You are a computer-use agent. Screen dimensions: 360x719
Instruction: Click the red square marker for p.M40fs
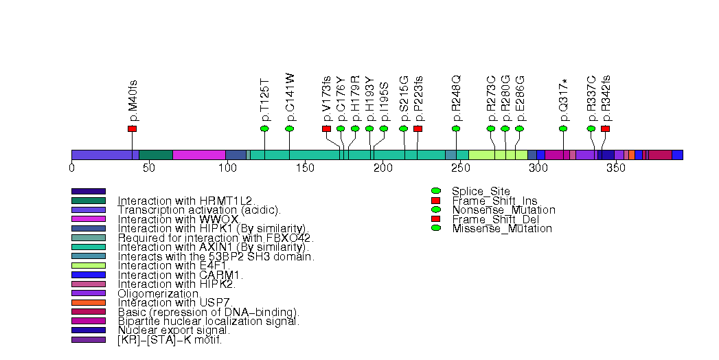(132, 129)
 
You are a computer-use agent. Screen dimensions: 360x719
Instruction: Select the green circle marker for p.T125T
(264, 129)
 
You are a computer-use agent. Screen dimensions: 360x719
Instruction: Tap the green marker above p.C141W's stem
(289, 129)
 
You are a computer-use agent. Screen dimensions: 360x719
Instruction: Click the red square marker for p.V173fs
(326, 129)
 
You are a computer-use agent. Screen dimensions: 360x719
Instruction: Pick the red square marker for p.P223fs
(418, 129)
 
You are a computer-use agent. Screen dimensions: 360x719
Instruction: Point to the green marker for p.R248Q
(456, 129)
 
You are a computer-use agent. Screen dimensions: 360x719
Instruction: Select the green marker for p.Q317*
(563, 129)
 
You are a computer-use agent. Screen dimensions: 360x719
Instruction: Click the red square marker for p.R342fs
(605, 129)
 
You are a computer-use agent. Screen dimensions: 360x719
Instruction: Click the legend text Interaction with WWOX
(178, 219)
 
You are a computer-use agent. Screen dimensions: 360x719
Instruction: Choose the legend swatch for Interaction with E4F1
(89, 265)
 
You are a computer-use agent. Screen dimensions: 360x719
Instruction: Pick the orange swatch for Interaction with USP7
(89, 302)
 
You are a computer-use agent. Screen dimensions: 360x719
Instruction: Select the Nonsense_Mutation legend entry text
(503, 210)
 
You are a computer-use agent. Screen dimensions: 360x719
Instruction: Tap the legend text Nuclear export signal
(174, 330)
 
